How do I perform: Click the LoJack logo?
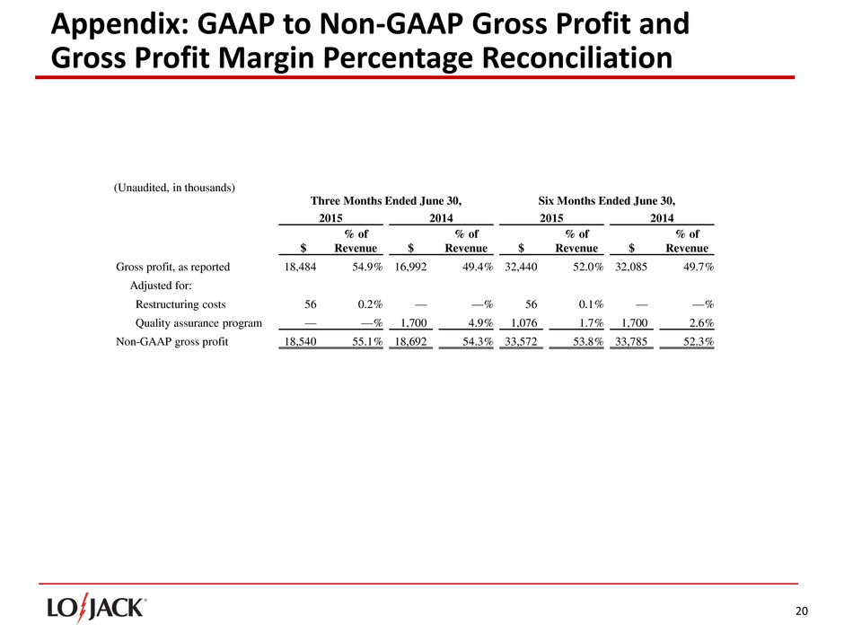[97, 608]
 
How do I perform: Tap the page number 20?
[802, 611]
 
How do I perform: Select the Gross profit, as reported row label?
[173, 267]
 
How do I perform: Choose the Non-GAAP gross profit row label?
[172, 342]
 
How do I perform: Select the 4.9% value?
[472, 323]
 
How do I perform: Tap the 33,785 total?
[631, 342]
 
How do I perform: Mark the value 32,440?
[521, 267]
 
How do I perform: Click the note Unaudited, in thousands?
[174, 188]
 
